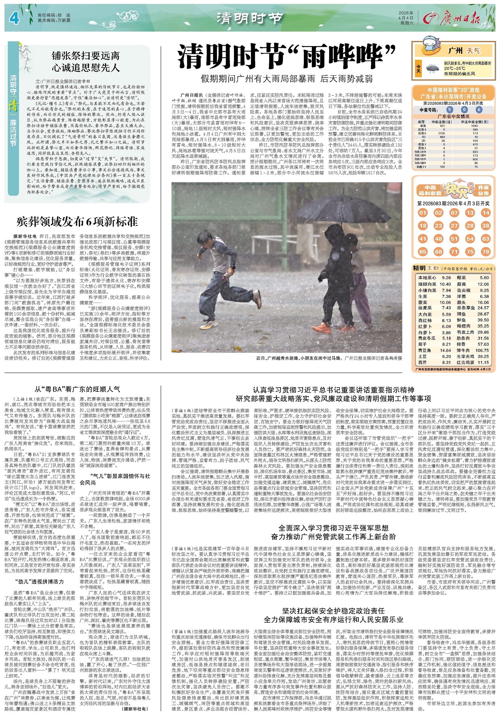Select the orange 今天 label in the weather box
click(419, 68)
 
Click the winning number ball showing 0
click(464, 110)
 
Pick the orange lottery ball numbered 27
click(454, 226)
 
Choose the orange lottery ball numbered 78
click(486, 252)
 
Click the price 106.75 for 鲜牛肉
click(482, 350)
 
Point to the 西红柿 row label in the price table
click(425, 320)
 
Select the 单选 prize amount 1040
click(475, 126)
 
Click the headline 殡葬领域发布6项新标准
click(77, 222)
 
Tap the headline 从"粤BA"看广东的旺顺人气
click(77, 389)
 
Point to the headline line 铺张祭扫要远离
click(86, 56)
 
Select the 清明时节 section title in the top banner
click(250, 18)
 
